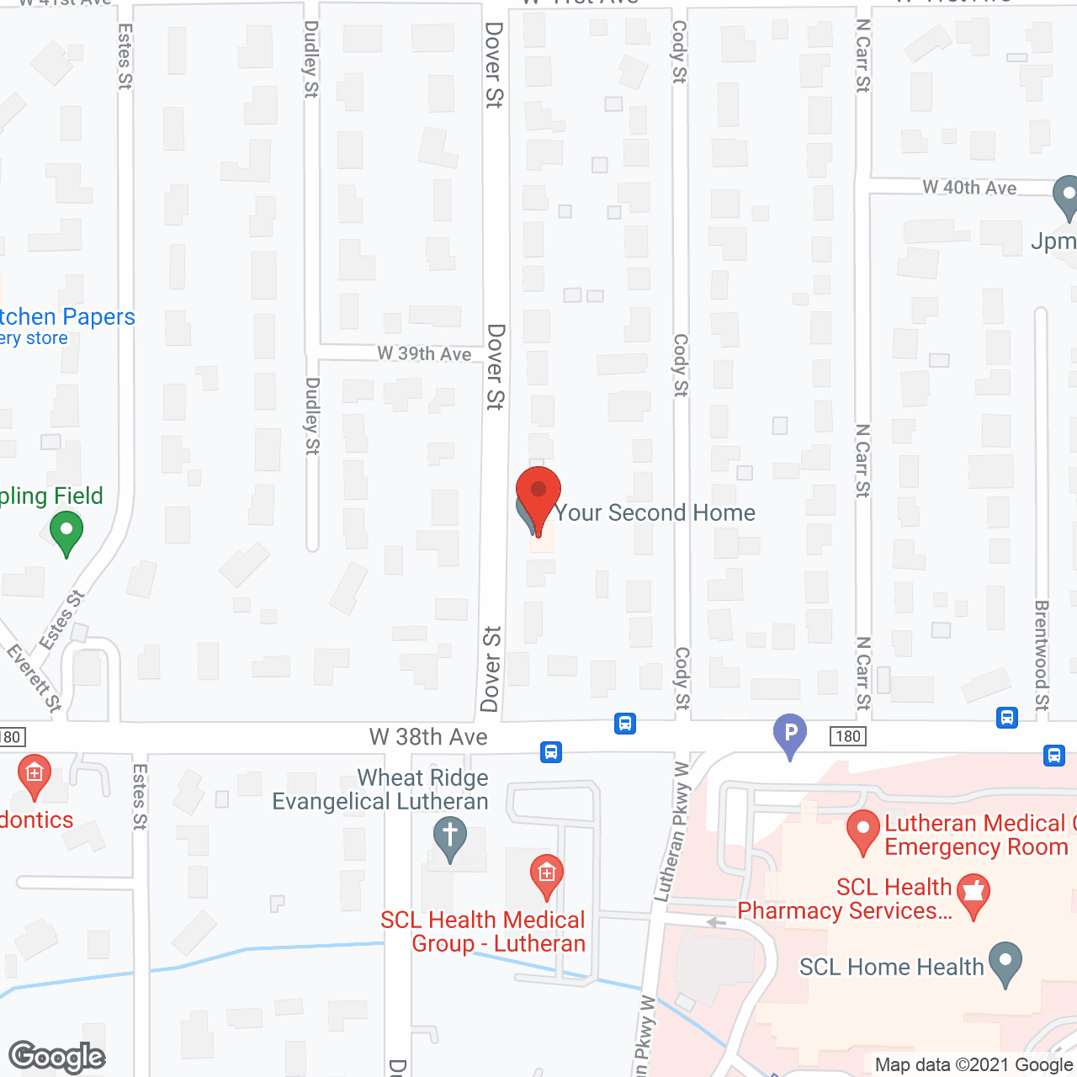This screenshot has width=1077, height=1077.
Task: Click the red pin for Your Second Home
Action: click(x=538, y=493)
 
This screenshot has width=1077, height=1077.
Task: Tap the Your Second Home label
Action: click(x=655, y=512)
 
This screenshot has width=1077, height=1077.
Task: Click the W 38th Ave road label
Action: click(x=428, y=737)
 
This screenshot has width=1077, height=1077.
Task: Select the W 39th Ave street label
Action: click(x=424, y=353)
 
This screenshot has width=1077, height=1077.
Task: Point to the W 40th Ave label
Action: click(x=969, y=188)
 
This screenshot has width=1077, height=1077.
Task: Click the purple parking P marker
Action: click(x=790, y=733)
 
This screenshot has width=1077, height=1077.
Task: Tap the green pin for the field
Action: click(x=66, y=533)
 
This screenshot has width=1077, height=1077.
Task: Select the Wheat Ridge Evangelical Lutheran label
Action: click(x=381, y=789)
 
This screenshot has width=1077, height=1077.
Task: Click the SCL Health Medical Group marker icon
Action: click(x=546, y=875)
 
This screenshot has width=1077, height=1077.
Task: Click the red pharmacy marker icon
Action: click(x=974, y=895)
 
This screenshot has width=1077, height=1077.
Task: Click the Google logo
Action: click(x=57, y=1057)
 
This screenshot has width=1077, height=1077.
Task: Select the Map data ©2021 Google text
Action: click(x=974, y=1065)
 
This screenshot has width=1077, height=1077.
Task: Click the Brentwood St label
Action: click(x=1042, y=655)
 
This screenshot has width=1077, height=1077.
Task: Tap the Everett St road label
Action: click(x=34, y=678)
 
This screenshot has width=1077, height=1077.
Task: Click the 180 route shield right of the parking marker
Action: click(x=847, y=736)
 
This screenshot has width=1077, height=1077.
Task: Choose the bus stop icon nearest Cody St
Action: click(x=625, y=724)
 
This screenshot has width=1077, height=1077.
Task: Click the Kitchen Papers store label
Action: click(x=67, y=317)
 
